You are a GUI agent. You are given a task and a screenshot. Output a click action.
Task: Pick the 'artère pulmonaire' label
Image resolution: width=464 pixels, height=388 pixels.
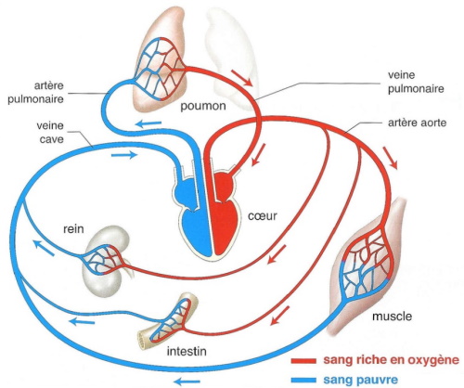point(34,89)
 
